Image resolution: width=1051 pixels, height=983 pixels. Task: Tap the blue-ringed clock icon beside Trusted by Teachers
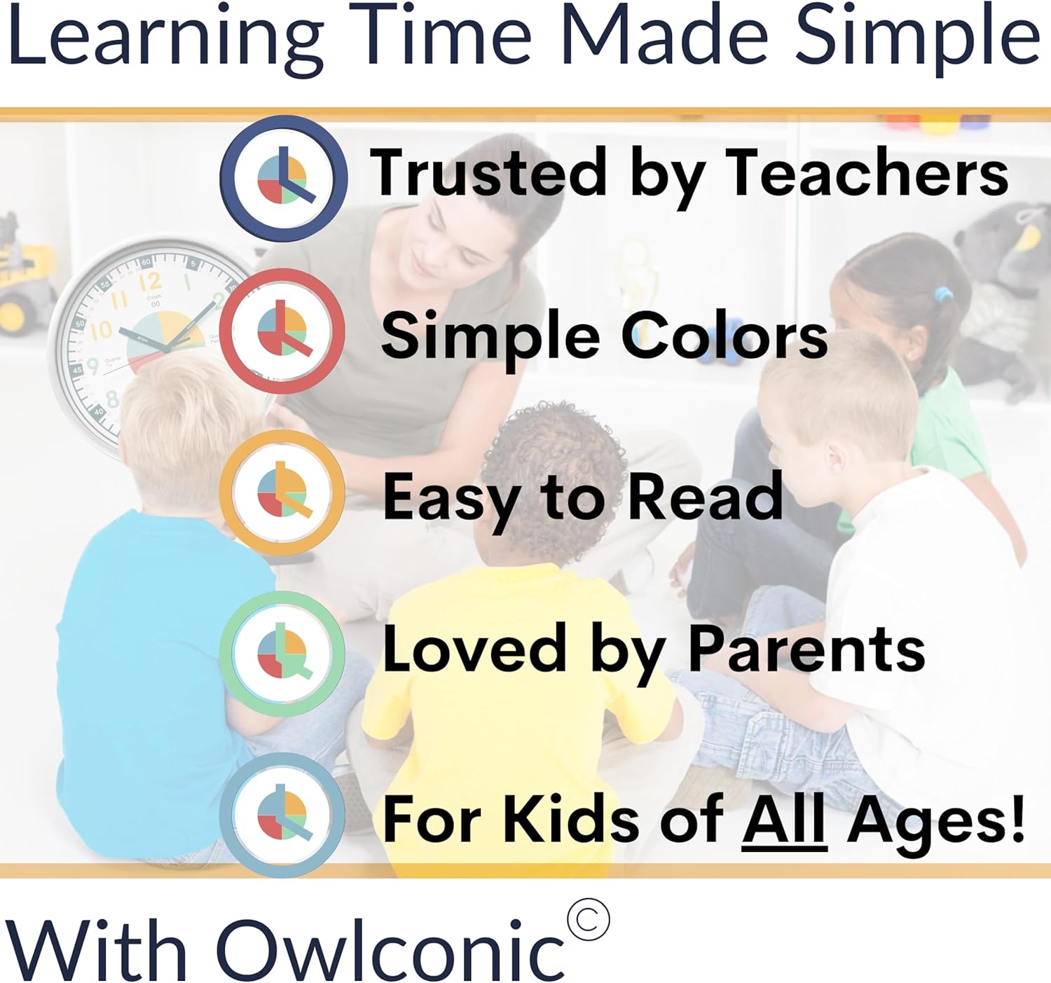point(284,178)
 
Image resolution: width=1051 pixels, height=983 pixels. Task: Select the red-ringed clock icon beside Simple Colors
point(282,331)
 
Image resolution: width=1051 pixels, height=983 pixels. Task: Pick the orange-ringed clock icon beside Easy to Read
point(282,493)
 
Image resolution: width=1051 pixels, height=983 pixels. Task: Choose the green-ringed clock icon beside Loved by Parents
point(282,654)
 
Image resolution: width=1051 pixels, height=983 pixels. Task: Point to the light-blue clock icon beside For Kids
point(282,816)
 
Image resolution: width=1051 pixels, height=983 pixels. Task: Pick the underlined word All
point(784,820)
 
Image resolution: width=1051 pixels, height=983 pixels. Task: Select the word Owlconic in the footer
point(390,943)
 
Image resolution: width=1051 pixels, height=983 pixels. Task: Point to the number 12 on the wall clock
point(150,282)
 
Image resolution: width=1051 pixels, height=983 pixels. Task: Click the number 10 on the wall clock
point(100,330)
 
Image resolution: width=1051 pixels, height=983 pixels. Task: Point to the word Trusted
point(488,172)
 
